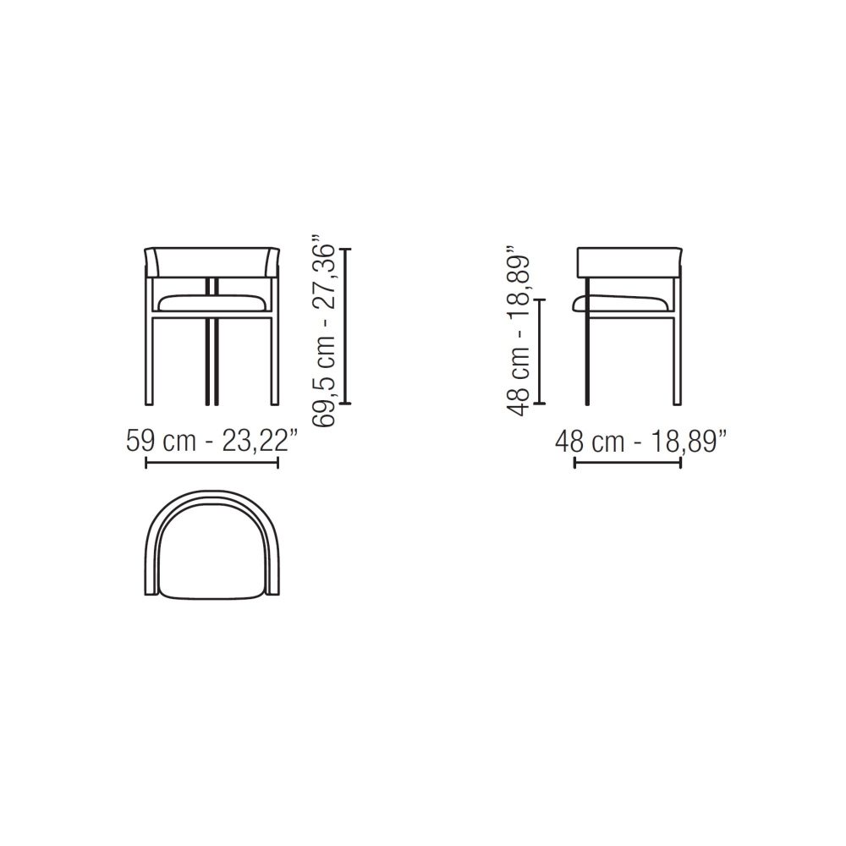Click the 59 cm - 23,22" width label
[x=212, y=442]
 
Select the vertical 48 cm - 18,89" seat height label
[x=518, y=332]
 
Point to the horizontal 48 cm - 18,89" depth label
[x=641, y=442]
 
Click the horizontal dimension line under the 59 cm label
[x=212, y=463]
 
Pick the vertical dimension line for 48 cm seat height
[x=540, y=351]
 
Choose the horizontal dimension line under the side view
[x=628, y=463]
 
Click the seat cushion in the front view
[x=212, y=302]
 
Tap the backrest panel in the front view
[x=212, y=263]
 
